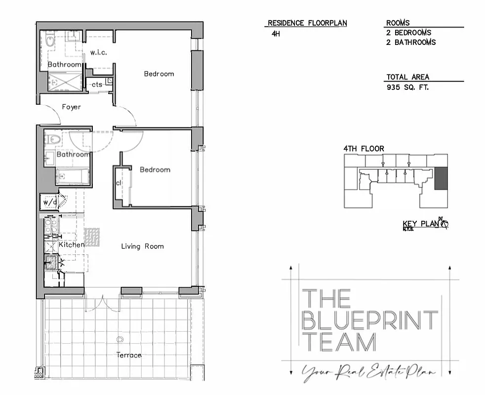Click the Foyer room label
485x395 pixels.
[71, 107]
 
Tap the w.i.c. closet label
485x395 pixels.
[99, 52]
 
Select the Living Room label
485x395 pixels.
[142, 246]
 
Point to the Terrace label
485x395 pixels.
[129, 355]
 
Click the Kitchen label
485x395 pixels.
[72, 244]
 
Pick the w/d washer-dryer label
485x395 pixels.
[49, 202]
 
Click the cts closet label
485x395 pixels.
[97, 84]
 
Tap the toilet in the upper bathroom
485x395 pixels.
[50, 40]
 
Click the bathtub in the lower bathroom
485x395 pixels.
[73, 176]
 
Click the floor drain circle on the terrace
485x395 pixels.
[119, 339]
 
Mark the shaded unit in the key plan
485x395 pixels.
[440, 178]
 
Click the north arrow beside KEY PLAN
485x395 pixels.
[444, 224]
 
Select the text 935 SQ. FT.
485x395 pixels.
[408, 87]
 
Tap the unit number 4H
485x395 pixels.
[276, 34]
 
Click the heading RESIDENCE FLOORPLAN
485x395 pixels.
[307, 23]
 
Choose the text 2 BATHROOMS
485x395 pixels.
[411, 42]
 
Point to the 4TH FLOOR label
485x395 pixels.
[364, 149]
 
